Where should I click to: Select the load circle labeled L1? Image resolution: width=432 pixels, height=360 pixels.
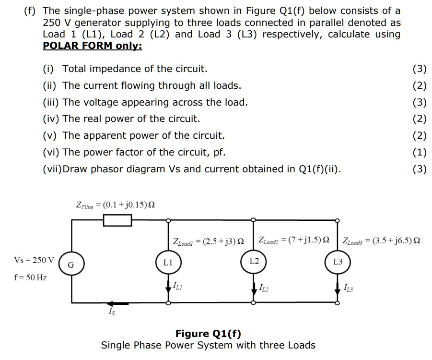click(x=168, y=263)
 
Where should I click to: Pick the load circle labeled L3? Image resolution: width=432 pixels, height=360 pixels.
click(x=338, y=262)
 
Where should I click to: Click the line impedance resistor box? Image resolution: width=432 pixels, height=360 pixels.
click(x=118, y=220)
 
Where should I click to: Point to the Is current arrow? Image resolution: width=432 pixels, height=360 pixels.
click(x=118, y=303)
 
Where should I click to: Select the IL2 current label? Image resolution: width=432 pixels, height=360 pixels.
click(x=263, y=288)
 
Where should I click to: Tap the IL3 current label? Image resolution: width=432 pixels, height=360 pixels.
click(x=349, y=288)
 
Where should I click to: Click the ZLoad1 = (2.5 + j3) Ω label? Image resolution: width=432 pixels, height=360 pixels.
click(x=208, y=240)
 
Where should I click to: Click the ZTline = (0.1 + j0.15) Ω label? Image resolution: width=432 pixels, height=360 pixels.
click(x=115, y=204)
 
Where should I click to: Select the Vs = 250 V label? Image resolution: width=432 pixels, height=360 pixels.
click(x=34, y=260)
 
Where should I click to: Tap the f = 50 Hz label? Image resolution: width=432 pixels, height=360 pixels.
click(x=30, y=277)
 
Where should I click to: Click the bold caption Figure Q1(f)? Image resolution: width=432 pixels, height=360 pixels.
click(x=208, y=333)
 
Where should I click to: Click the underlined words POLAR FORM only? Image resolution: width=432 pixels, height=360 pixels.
click(x=93, y=46)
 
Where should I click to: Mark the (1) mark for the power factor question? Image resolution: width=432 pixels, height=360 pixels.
click(x=419, y=152)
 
